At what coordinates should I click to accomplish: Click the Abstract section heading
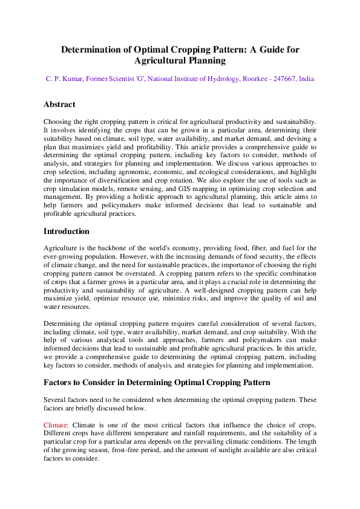pyautogui.click(x=59, y=105)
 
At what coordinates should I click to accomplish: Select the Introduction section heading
pyautogui.click(x=67, y=232)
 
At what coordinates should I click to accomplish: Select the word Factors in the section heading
pyautogui.click(x=59, y=383)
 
